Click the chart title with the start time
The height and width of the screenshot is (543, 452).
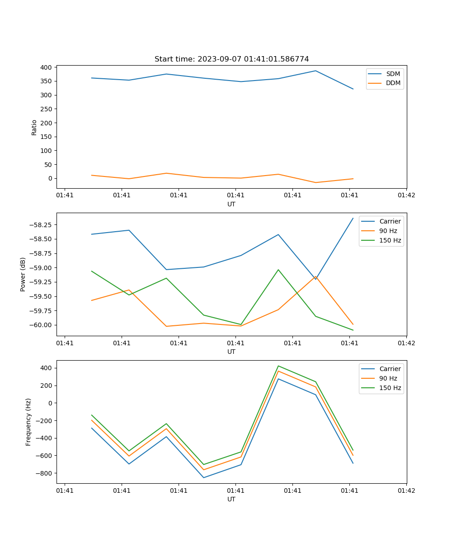tap(231, 59)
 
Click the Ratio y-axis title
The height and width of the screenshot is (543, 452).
tap(34, 128)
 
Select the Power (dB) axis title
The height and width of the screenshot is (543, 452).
tap(23, 274)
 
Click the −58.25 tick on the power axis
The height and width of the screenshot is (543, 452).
tap(41, 225)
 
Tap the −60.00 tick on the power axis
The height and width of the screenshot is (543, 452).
tap(41, 325)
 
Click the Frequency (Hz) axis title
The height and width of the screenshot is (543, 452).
tap(28, 422)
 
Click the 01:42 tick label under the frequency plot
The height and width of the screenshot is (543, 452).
tap(406, 490)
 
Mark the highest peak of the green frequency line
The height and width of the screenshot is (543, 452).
tap(278, 366)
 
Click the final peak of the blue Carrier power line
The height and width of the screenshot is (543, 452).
tap(353, 218)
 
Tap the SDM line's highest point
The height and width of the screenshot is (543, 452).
tap(315, 71)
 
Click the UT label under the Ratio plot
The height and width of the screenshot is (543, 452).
tap(231, 204)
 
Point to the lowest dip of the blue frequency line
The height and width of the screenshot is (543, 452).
tap(203, 477)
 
